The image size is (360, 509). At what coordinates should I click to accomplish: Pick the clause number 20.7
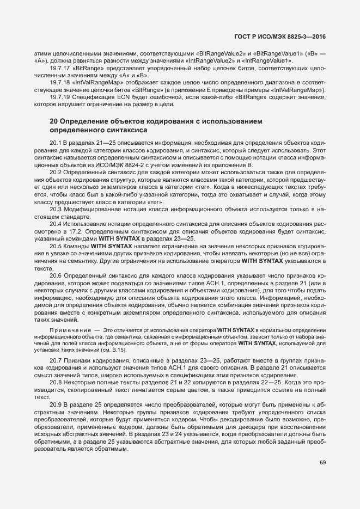(x=56, y=362)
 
